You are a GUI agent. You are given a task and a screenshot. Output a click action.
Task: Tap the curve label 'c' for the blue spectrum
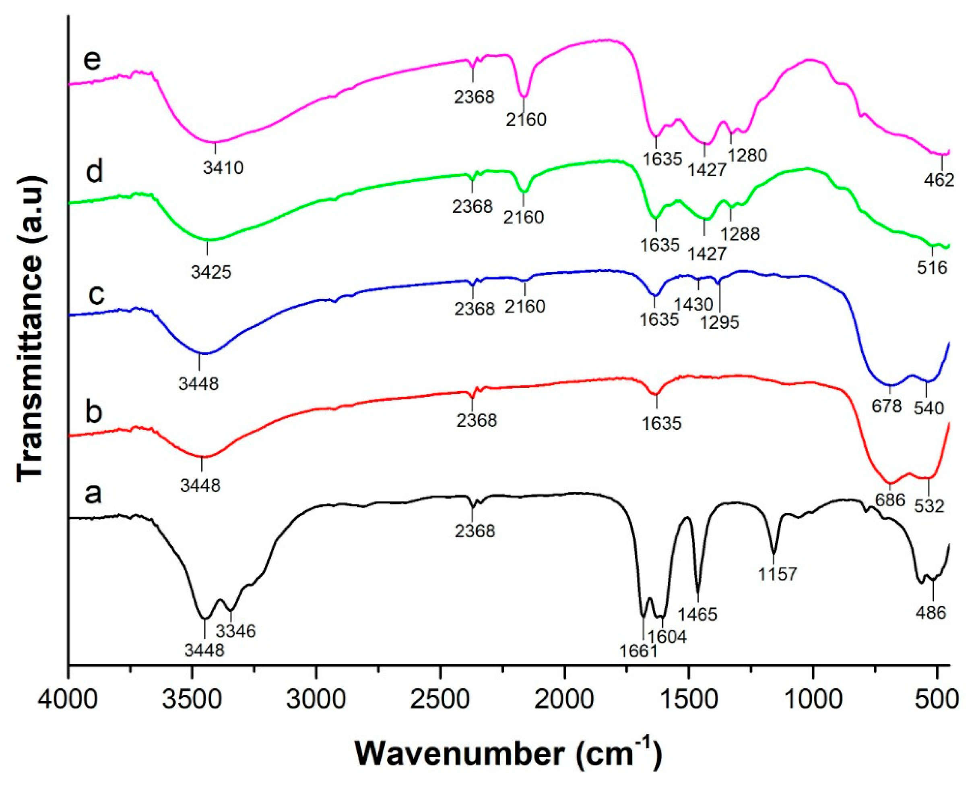point(97,294)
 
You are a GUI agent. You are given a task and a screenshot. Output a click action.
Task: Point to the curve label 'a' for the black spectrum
point(93,493)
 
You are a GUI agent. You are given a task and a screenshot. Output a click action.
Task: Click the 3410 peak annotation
point(223,168)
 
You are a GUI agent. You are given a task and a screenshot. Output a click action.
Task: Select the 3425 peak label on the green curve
point(211,272)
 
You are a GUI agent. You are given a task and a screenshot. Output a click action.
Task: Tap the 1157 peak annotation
point(777,574)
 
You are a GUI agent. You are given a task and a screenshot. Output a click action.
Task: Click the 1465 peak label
point(697,614)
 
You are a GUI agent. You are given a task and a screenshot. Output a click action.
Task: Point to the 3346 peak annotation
point(235,630)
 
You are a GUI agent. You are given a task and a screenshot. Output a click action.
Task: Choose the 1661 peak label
point(639,651)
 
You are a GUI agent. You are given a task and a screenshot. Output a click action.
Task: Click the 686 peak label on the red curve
point(889,499)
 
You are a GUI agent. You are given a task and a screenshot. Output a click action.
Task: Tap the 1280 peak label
point(747,155)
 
